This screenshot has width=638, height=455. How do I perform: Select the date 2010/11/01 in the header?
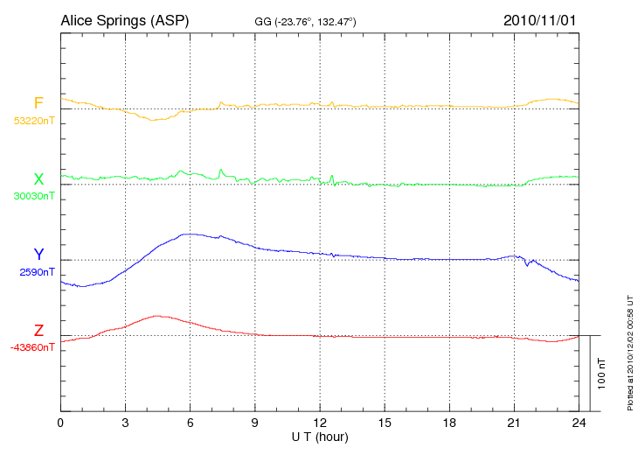point(539,20)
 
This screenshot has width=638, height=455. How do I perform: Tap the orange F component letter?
point(38,104)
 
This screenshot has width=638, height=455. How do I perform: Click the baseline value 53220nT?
point(33,121)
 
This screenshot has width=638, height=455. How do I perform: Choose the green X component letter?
point(38,179)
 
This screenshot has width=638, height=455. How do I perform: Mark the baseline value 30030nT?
point(33,196)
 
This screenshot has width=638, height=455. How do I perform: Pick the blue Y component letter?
point(38,255)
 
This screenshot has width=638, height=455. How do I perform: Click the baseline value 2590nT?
point(36,272)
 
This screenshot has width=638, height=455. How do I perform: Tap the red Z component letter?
point(38,331)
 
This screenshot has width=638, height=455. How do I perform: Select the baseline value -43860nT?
point(33,347)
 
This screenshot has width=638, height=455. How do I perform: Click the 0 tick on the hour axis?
point(60,423)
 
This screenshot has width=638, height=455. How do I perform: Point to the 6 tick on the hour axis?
point(190,423)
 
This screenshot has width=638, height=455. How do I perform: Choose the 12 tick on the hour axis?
point(319,423)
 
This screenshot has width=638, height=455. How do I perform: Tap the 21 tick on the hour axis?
point(513,423)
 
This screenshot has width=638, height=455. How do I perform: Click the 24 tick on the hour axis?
point(578,423)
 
